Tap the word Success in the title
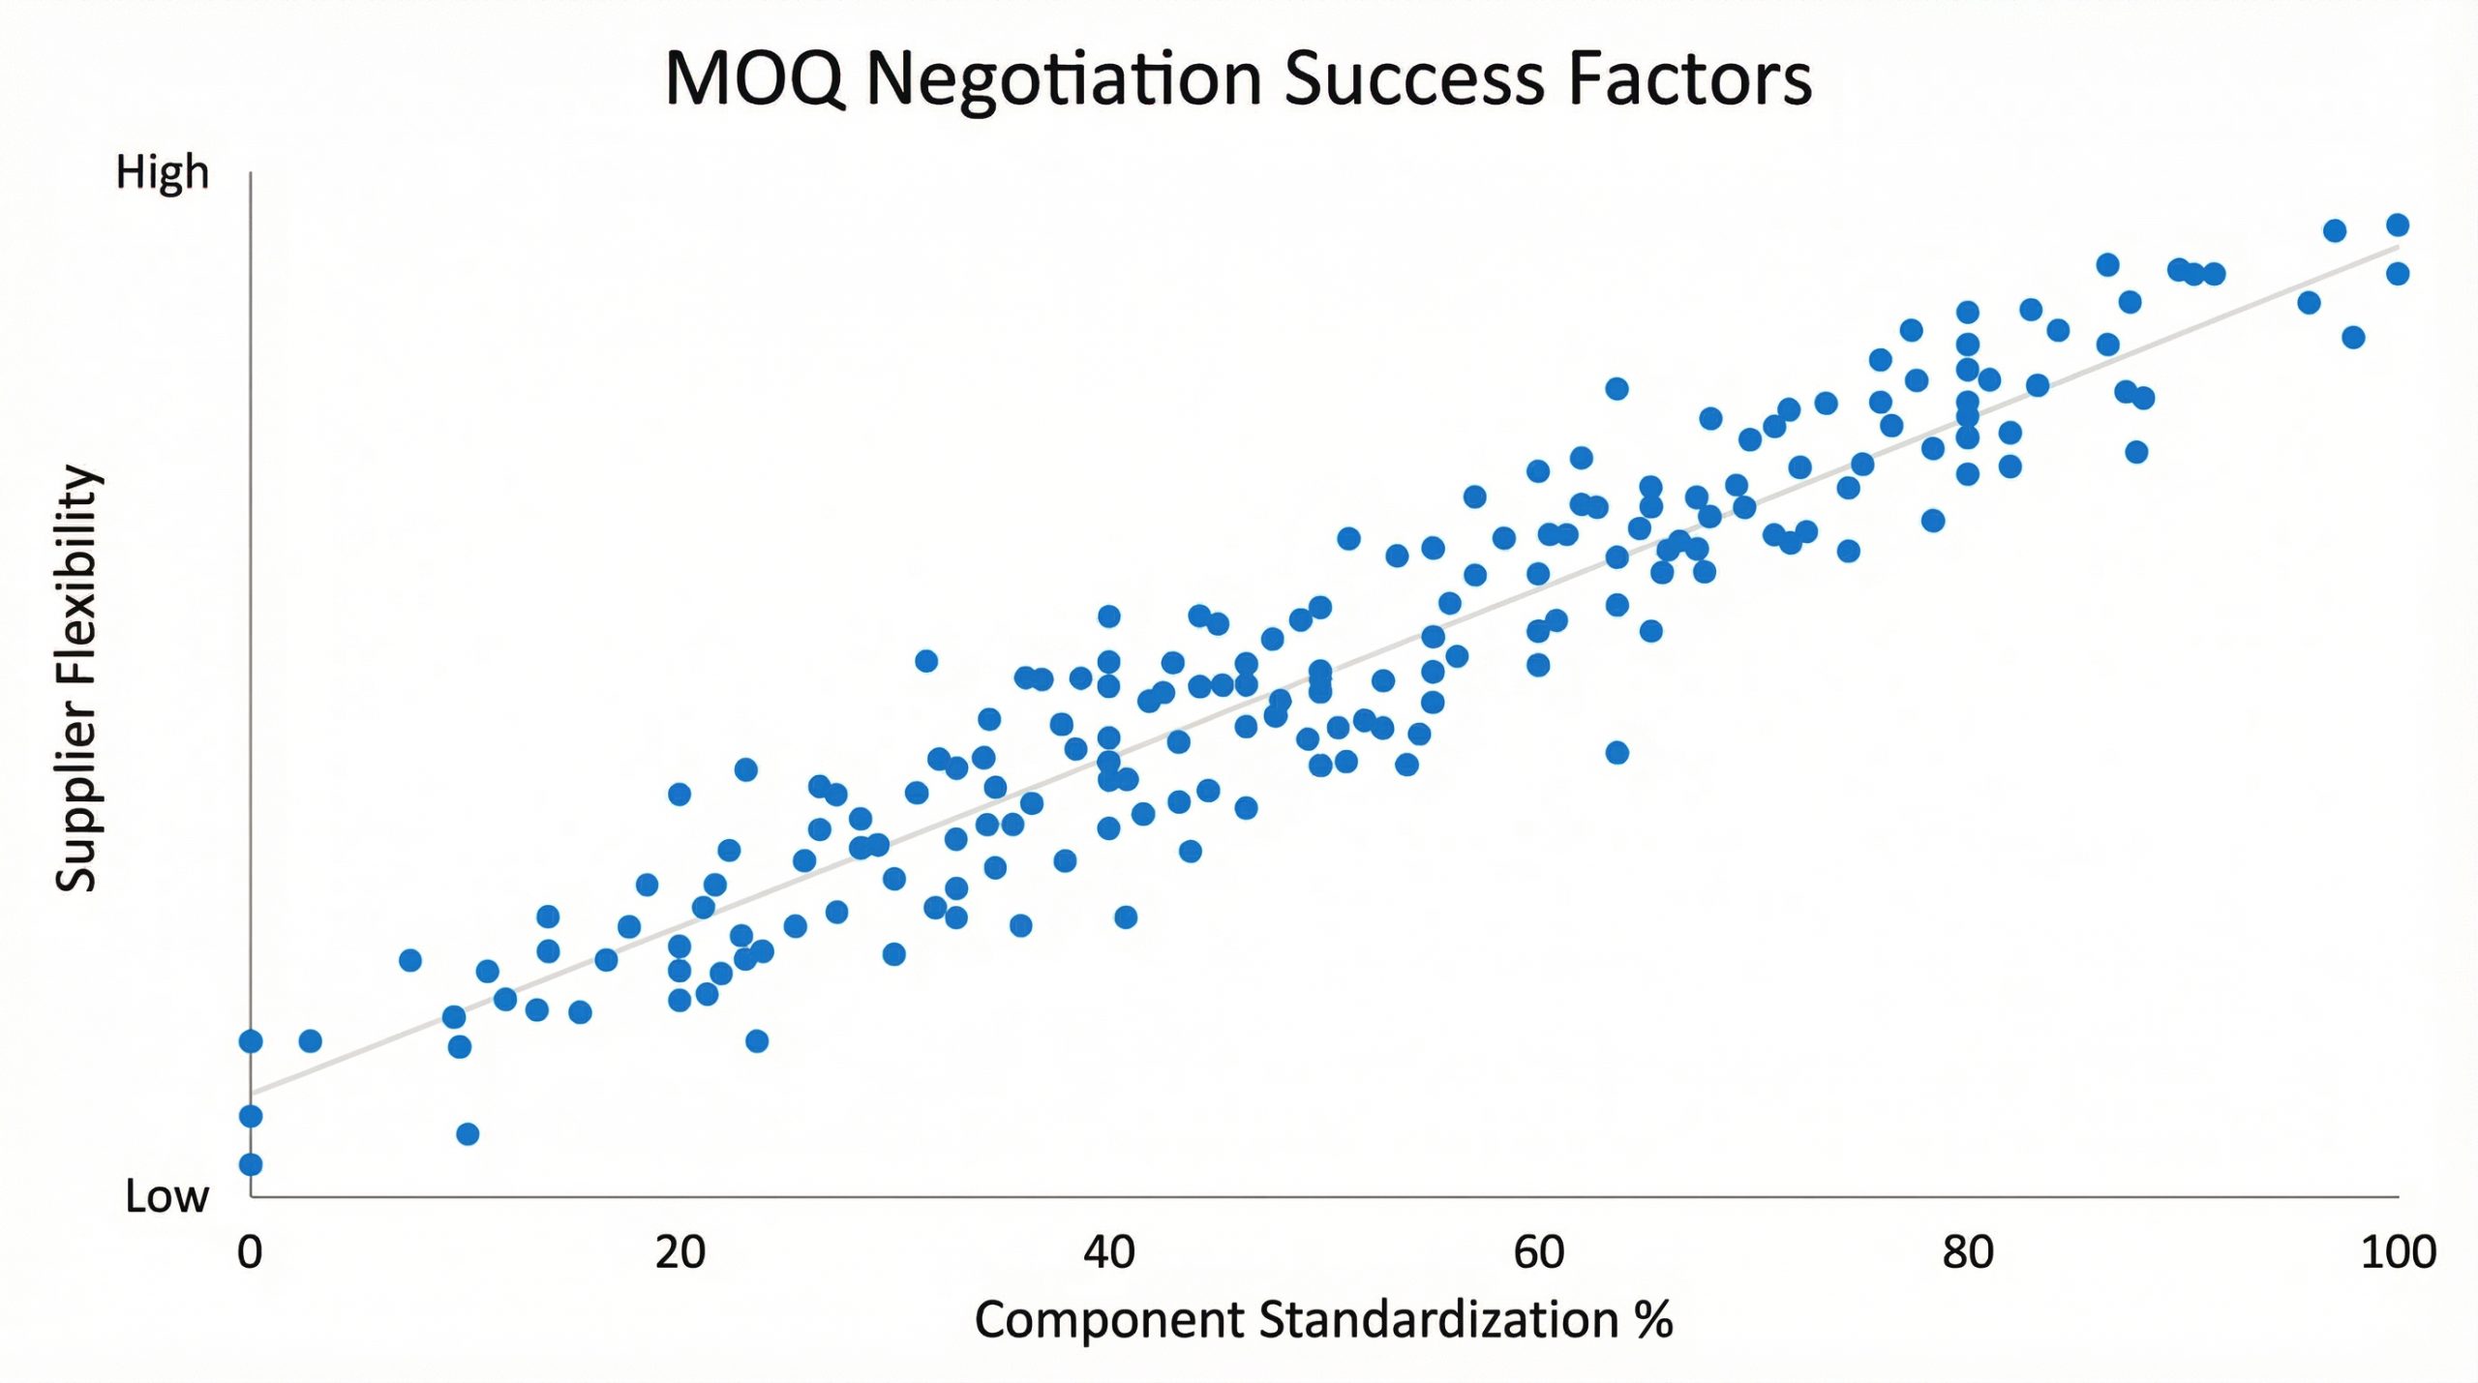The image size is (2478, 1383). [1414, 79]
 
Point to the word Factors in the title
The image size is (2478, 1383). [1690, 79]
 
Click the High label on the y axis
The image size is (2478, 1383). [162, 173]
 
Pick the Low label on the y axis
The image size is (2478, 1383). [166, 1197]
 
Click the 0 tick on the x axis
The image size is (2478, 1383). [250, 1252]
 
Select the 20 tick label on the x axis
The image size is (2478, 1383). [680, 1252]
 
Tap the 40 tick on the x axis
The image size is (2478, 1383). [1109, 1252]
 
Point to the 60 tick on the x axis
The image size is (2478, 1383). [1538, 1252]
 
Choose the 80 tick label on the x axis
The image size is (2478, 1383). [1968, 1252]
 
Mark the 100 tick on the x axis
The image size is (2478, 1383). [2398, 1252]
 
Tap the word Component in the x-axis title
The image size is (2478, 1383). [1108, 1320]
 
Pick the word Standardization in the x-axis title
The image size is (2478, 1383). [1437, 1320]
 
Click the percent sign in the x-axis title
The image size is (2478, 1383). [1653, 1320]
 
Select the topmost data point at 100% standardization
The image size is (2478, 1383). [2398, 225]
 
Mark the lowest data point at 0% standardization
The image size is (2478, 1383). [251, 1164]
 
